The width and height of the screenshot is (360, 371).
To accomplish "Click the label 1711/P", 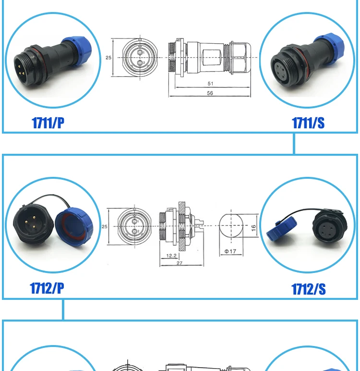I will tap(48, 123).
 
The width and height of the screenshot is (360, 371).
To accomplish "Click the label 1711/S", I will tap(308, 123).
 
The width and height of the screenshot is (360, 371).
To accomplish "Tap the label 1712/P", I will tap(47, 288).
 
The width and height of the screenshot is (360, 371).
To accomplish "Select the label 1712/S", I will tap(308, 289).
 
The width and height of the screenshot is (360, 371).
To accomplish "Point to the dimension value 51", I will tap(210, 84).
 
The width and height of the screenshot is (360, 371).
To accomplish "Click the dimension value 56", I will tap(210, 93).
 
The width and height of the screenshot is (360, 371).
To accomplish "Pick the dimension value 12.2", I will tap(170, 255).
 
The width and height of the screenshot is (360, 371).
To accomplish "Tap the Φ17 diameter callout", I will tap(230, 251).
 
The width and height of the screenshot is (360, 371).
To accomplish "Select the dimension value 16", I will tap(253, 226).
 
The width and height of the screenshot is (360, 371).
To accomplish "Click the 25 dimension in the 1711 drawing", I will tap(108, 57).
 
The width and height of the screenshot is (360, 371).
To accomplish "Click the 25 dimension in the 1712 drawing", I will tap(104, 226).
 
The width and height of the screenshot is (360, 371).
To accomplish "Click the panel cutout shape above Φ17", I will tap(231, 226).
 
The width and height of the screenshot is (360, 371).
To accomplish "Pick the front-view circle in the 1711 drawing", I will tap(140, 57).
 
